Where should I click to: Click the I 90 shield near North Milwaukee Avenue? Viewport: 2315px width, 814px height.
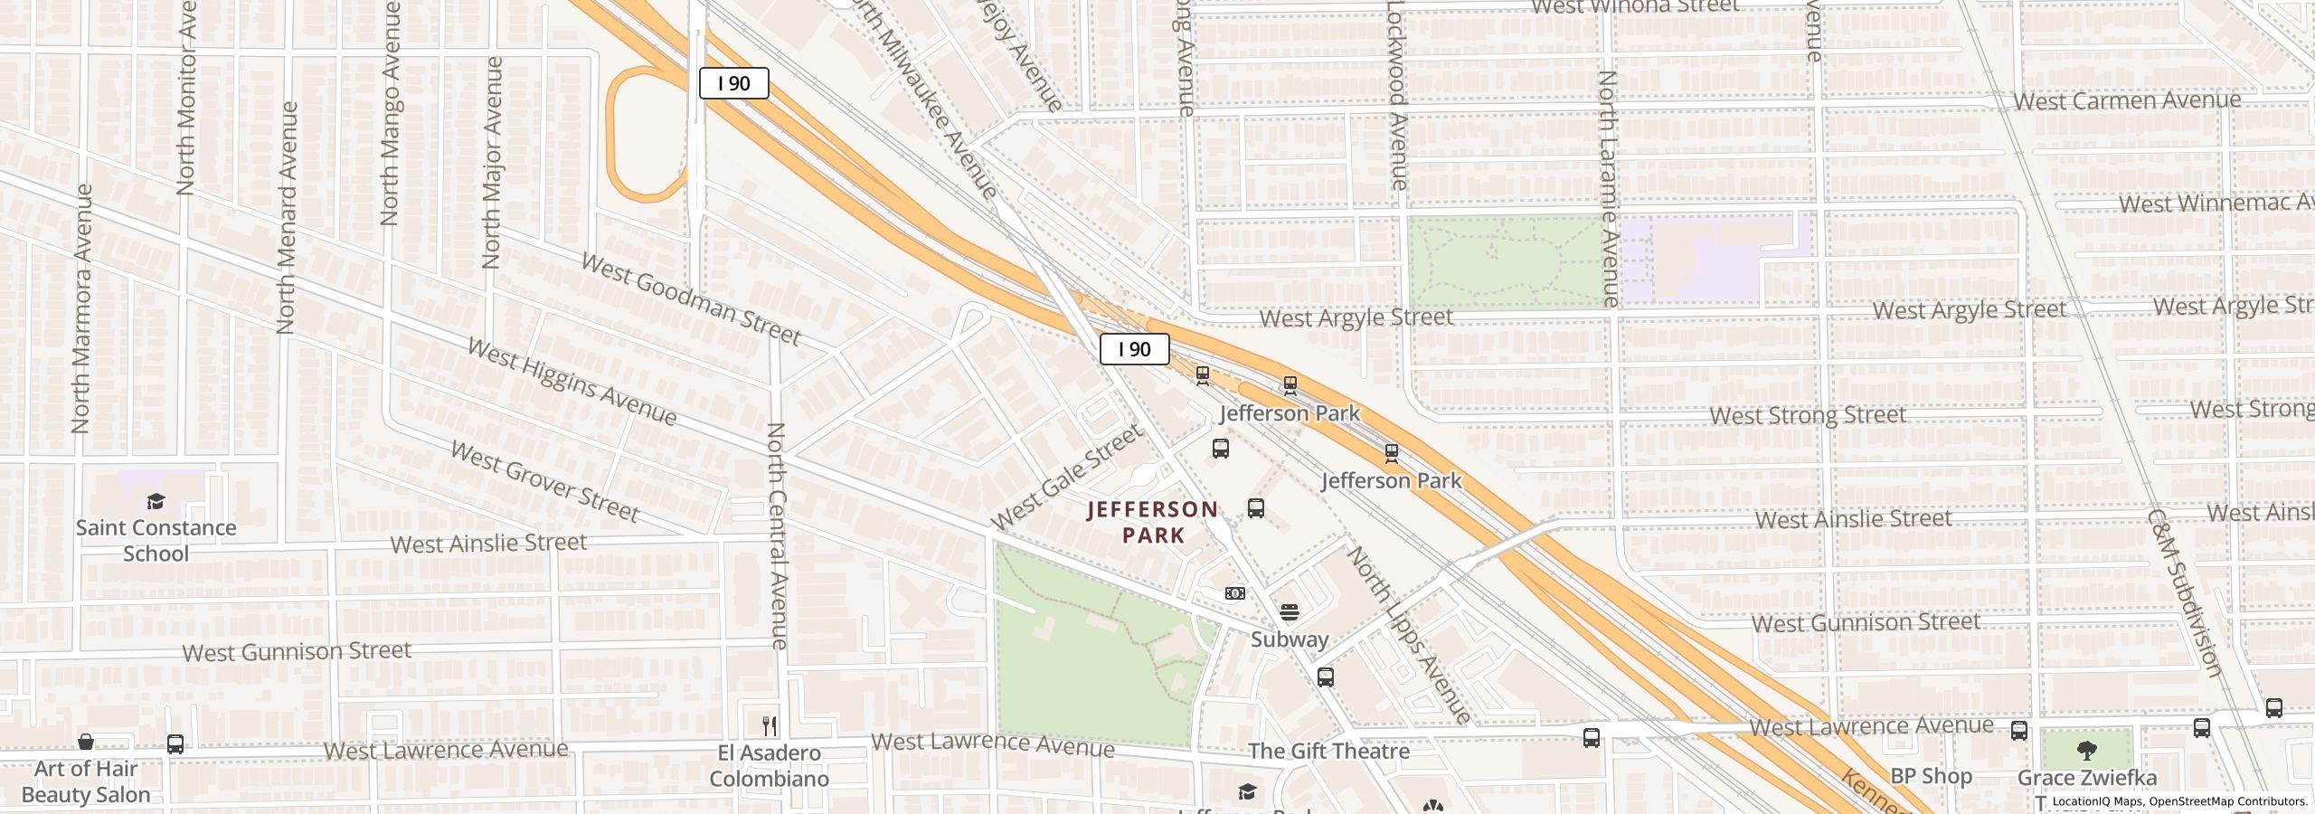point(733,84)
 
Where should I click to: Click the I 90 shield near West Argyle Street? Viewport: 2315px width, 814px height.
point(1134,349)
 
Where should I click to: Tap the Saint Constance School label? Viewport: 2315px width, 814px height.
point(156,541)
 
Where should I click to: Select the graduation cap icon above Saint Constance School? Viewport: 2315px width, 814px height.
point(156,502)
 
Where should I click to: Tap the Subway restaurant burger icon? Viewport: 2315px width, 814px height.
point(1289,612)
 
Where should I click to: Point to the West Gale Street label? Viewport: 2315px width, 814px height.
point(1066,478)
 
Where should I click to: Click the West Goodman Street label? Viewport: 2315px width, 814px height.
point(690,299)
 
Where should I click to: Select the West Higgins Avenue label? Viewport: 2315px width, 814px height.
point(572,382)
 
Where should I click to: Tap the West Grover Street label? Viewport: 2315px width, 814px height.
point(544,481)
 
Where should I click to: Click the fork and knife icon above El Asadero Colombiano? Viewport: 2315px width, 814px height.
point(770,725)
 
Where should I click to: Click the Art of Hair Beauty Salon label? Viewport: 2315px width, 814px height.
point(86,781)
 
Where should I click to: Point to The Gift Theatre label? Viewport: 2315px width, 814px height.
point(1328,751)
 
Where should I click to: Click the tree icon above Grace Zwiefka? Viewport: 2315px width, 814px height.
point(2086,750)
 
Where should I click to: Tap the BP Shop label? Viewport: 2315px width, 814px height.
point(1931,776)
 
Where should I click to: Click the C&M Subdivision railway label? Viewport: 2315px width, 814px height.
point(2183,592)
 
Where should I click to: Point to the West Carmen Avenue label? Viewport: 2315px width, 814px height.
point(2126,100)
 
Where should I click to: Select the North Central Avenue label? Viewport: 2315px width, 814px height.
point(778,535)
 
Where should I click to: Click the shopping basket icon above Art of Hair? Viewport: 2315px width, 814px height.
point(86,742)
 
